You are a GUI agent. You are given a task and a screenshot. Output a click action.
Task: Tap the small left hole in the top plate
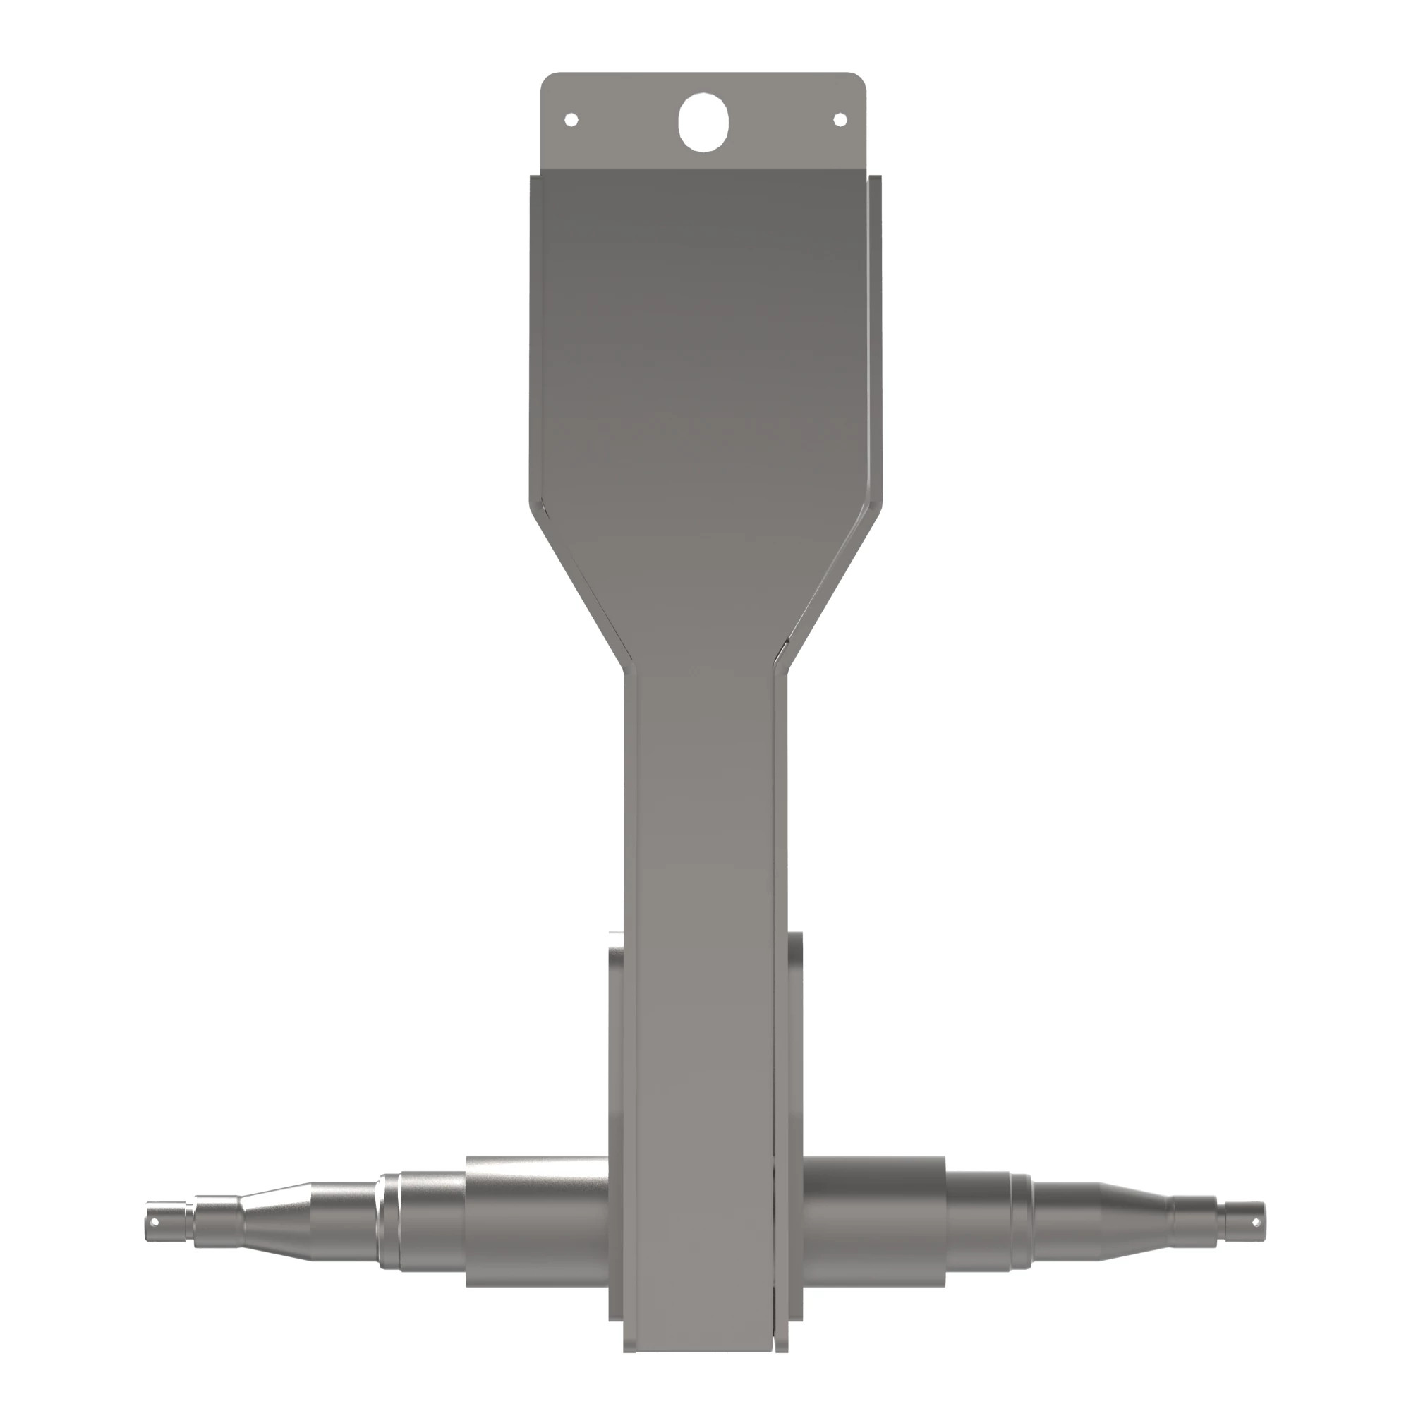[572, 119]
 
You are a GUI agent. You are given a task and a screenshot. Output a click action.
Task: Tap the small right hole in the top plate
[840, 119]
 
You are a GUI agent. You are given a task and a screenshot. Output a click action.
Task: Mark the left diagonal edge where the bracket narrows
[577, 584]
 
